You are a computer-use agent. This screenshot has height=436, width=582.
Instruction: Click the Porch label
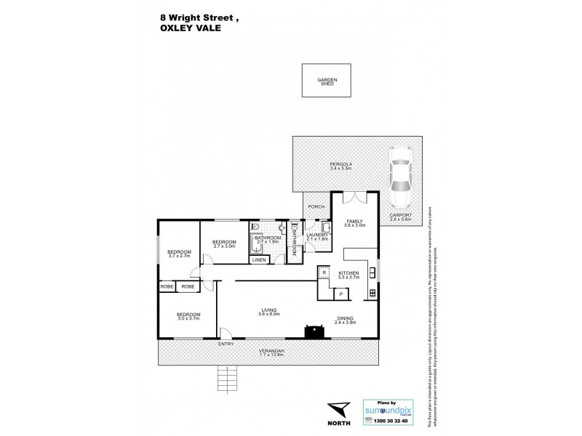tap(316, 207)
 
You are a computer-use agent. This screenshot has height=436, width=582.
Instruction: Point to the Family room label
tap(356, 222)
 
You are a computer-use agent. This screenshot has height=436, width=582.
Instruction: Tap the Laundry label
tap(319, 235)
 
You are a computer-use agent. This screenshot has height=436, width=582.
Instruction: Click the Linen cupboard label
tap(258, 259)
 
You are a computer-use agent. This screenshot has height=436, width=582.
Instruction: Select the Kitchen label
tap(349, 274)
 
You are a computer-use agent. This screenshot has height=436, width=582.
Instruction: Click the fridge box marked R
tap(324, 272)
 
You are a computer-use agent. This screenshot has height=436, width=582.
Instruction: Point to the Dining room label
tap(346, 318)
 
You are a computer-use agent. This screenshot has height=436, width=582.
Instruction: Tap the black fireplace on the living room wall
tap(315, 331)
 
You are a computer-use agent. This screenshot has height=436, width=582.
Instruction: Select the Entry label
tap(226, 344)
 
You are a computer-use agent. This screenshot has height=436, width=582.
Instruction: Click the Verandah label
tap(271, 352)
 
